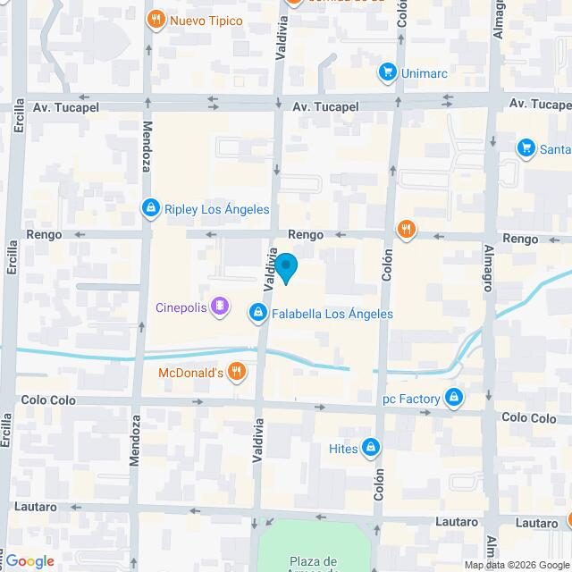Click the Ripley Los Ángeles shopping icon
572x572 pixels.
pos(151,209)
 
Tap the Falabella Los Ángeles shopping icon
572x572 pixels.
pos(257,313)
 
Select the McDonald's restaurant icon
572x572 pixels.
pos(236,372)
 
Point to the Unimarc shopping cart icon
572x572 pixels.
pos(387,71)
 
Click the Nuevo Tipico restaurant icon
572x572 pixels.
pos(156,20)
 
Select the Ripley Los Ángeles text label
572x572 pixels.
pos(217,210)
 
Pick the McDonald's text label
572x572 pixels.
pos(190,373)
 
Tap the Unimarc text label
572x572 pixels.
pos(425,72)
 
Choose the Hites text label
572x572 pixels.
pos(344,449)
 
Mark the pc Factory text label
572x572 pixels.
pos(412,399)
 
